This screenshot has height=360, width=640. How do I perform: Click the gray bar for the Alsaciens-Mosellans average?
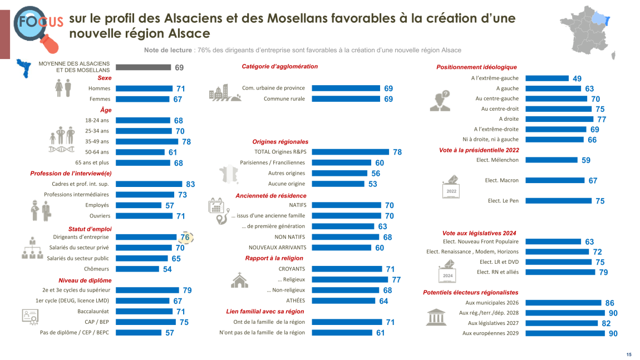[143, 67]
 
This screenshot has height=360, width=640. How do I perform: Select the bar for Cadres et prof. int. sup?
[149, 184]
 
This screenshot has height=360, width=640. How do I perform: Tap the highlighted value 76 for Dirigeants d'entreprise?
[185, 238]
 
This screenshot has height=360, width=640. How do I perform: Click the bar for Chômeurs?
[137, 269]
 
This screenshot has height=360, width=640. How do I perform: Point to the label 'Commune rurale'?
[284, 99]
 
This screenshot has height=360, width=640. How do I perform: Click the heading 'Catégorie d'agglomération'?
[279, 67]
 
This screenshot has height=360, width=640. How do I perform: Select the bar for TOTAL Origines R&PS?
[350, 152]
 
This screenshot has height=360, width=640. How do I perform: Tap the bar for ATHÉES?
[343, 301]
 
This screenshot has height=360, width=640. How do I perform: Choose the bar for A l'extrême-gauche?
[547, 78]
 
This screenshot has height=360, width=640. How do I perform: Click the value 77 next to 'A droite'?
[602, 119]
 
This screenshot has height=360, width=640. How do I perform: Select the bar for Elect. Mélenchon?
[552, 160]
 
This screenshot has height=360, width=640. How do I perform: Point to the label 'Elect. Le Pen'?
[503, 201]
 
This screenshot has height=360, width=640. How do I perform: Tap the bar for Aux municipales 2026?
[564, 303]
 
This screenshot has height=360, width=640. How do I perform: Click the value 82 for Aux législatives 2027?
[606, 323]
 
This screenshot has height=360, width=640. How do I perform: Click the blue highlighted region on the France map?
[602, 20]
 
